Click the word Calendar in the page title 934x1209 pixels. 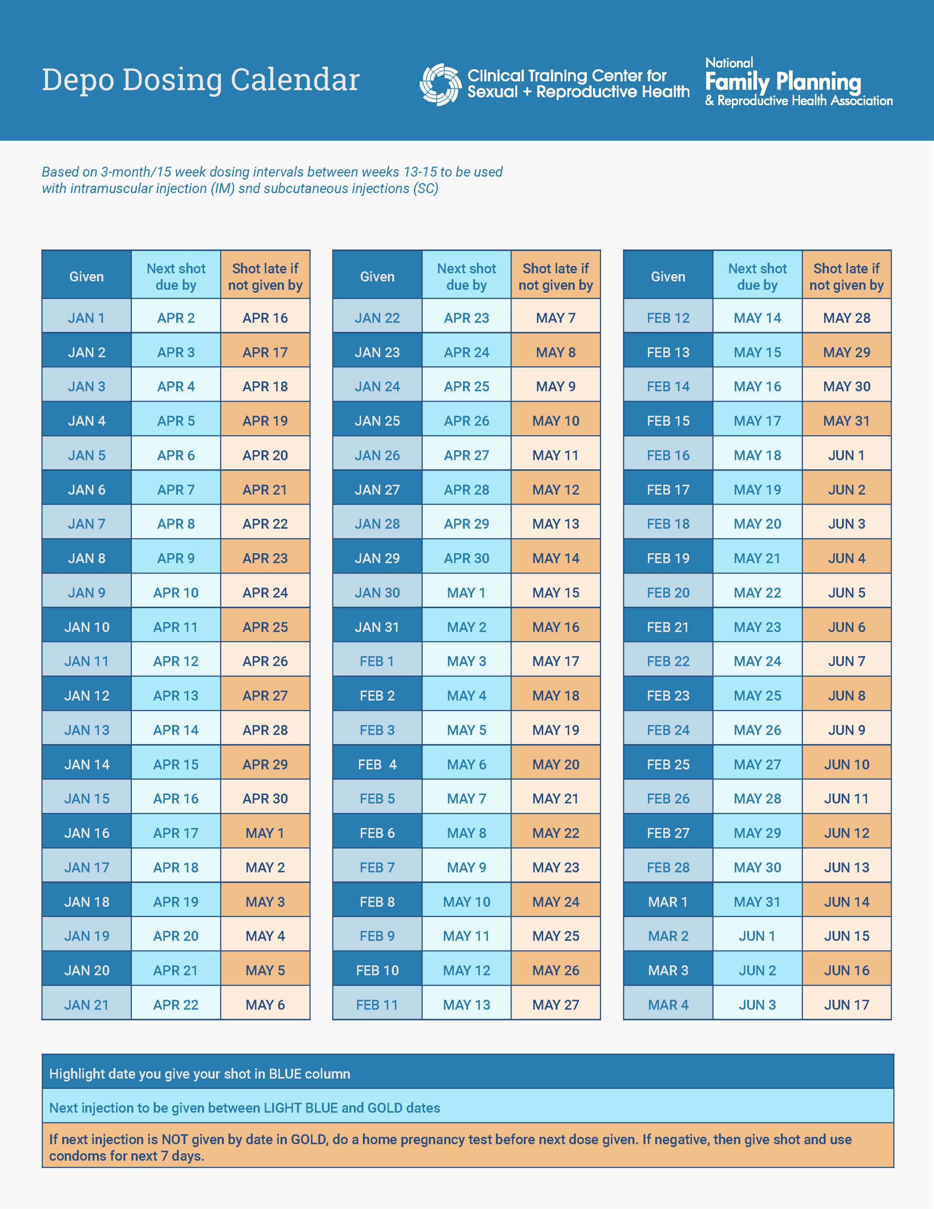pos(295,80)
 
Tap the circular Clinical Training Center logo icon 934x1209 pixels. pos(440,84)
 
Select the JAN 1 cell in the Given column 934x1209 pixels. pos(86,318)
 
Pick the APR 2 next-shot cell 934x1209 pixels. pos(176,318)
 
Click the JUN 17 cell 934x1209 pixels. pos(847,1005)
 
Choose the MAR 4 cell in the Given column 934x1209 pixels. pos(668,1005)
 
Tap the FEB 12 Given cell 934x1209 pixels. pos(668,318)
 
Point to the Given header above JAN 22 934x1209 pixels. pos(377,276)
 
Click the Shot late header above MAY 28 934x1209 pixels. pos(847,276)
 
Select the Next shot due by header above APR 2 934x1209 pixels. pos(176,276)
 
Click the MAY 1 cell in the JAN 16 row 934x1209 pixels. pos(265,833)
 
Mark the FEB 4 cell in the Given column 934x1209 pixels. pos(377,764)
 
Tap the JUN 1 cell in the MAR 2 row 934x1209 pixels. pos(757,936)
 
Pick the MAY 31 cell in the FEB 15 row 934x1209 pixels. pos(847,421)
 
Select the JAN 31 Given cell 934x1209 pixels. pos(377,627)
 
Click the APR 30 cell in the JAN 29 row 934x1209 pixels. pos(466,558)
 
